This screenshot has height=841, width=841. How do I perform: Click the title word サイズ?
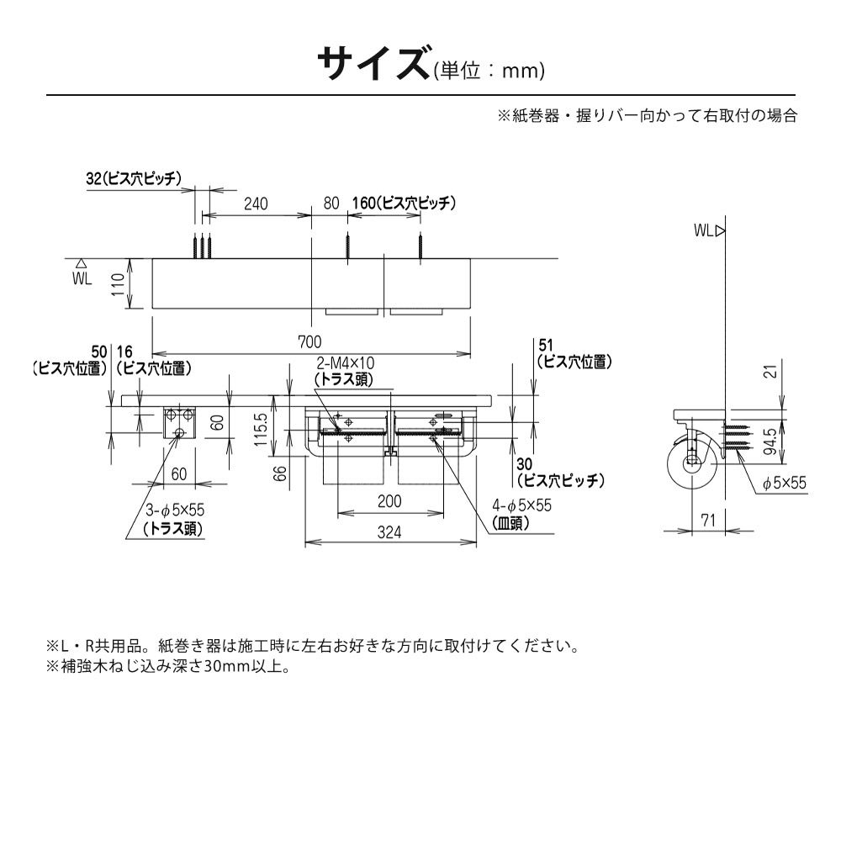pos(375,63)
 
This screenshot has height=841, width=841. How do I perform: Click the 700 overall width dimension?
pos(309,341)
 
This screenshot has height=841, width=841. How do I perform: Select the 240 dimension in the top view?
pos(256,204)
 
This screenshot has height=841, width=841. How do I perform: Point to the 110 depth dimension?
pos(119,283)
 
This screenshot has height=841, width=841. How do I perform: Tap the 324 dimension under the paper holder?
pos(389,532)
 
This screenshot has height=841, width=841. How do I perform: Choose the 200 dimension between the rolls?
pos(389,501)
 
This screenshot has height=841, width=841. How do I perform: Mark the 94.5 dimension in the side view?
pos(770,441)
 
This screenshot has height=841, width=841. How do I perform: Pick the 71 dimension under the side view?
pos(708,520)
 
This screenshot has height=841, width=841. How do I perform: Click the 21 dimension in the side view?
pos(770,371)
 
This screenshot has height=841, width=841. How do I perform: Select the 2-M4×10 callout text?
pos(346,363)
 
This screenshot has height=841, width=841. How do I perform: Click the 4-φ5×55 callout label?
pos(522,505)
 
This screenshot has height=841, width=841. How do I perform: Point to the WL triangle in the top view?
pos(81,262)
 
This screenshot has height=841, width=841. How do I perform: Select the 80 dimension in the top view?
pos(331,204)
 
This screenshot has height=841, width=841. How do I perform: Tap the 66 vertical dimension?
pos(280,473)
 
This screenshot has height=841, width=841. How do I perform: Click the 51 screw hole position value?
pos(546,345)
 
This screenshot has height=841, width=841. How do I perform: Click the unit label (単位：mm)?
pos(489,71)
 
